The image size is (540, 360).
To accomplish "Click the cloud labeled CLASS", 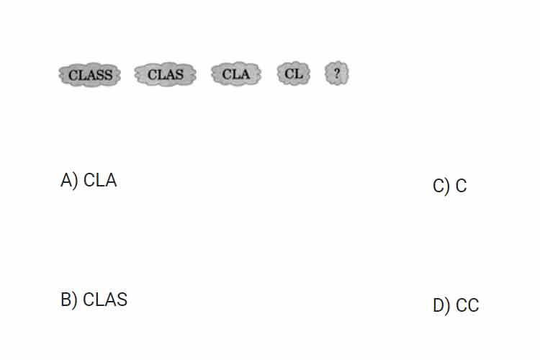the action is tap(89, 75).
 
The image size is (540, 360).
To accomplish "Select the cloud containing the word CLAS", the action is tap(166, 74).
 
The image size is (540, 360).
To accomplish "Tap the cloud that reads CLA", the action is tap(236, 74).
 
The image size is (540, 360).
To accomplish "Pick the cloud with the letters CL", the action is tap(294, 73).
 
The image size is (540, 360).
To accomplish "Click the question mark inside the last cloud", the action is tap(337, 73).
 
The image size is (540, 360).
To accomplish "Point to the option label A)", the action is tap(69, 181).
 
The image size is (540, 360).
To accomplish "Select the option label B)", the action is tap(69, 300).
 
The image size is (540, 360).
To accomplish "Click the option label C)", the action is tap(441, 186).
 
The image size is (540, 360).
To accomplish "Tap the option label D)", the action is tap(441, 305).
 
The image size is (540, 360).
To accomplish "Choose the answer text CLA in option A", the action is tap(100, 181).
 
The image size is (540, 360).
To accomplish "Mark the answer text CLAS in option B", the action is tap(105, 300).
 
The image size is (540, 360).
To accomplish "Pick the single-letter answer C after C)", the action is tap(461, 186).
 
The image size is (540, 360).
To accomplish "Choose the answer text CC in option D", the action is tap(467, 305).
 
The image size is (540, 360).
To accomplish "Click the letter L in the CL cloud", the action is tap(299, 73).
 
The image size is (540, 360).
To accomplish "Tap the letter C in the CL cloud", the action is tap(289, 73).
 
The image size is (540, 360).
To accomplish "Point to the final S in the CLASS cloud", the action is tap(108, 75).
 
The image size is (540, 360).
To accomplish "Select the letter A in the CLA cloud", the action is tap(245, 74).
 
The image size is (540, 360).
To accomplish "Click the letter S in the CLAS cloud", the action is tap(179, 74).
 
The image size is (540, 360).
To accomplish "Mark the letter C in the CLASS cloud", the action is tap(73, 75).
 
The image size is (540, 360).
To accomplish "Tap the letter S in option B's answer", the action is tap(122, 300).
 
